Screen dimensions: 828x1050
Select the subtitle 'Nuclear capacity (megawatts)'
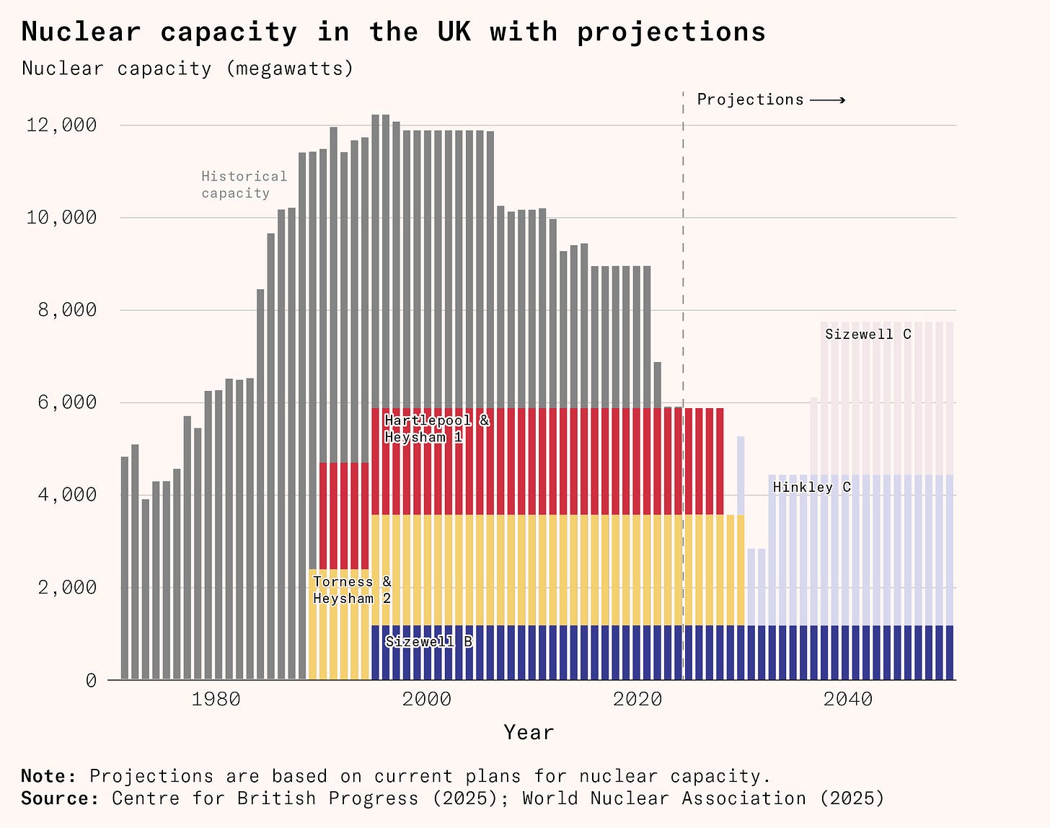pos(187,69)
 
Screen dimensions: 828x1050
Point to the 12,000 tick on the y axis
pos(61,125)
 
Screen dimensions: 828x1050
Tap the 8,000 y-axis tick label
pos(61,310)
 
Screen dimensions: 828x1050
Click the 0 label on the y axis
pos(91,680)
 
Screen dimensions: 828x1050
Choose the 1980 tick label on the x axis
pos(216,699)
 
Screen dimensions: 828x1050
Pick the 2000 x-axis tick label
pos(426,699)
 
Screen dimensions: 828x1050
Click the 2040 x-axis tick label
pos(847,699)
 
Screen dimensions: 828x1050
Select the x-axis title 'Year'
pos(529,733)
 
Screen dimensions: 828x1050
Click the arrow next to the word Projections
pos(827,100)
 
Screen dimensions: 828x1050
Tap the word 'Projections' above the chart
pos(750,100)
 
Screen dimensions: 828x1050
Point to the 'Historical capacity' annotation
pos(244,185)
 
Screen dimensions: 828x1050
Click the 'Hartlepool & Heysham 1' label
pos(436,428)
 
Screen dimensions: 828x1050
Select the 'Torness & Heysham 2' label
pos(352,590)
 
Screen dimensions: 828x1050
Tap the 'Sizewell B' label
pos(429,641)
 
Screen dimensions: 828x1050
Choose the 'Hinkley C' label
pos(811,488)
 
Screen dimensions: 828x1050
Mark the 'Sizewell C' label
pos(868,334)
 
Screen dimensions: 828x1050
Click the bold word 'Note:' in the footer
pos(48,776)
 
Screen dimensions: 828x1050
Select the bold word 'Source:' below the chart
pos(60,798)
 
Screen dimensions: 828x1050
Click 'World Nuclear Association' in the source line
pos(664,798)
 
